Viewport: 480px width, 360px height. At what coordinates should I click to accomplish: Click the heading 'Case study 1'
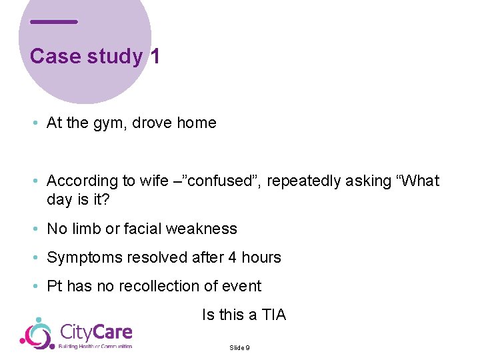[x=95, y=56]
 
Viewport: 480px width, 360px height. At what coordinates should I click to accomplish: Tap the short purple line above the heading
[x=54, y=22]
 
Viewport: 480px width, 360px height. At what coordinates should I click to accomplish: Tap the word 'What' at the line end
[x=421, y=181]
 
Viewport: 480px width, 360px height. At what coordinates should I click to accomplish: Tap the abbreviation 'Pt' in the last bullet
[x=54, y=286]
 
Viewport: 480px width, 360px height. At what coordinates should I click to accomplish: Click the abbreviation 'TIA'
[x=273, y=315]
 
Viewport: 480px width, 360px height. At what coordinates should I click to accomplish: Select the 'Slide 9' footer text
[x=239, y=347]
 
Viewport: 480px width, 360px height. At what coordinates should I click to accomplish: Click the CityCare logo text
[x=96, y=331]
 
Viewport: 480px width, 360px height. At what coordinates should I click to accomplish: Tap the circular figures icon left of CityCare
[x=37, y=333]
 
